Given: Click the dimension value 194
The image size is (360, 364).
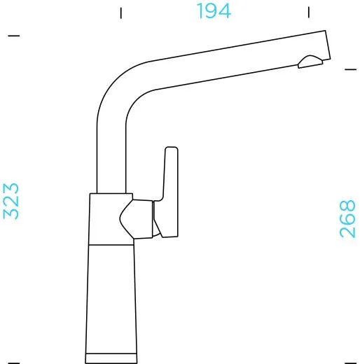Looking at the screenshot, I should point(214,11).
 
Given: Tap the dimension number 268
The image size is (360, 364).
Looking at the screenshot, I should point(347,219).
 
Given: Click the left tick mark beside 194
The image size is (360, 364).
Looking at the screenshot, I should point(121,12).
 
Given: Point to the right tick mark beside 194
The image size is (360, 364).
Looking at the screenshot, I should point(309,12).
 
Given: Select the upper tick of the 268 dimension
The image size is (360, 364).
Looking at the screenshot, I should point(351,69).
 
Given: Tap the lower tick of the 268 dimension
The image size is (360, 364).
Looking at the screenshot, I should point(350,362).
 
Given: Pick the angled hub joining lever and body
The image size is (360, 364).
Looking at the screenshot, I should point(140,218).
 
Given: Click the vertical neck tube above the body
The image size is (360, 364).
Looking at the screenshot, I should point(111,154).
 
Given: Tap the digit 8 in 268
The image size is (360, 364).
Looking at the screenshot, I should point(347,207).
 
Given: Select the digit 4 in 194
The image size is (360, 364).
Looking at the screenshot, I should point(225,11).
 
